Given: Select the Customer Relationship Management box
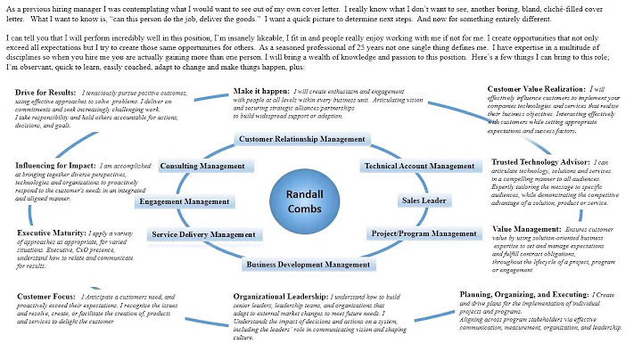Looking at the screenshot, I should [x=300, y=139].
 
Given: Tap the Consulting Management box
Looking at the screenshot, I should [x=202, y=167].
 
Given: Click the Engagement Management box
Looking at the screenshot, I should [x=184, y=201].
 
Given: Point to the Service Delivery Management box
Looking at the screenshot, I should [x=203, y=234].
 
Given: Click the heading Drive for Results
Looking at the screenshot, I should [x=45, y=93].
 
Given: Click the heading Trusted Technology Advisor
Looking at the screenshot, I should [x=538, y=162].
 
